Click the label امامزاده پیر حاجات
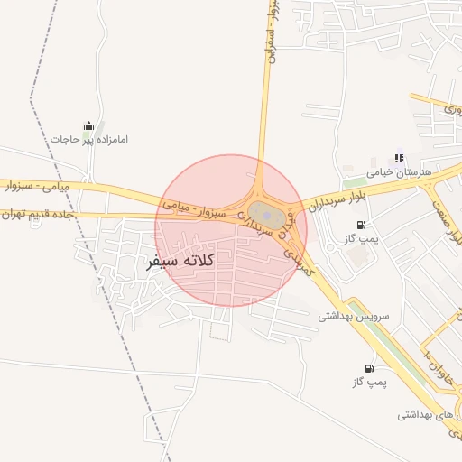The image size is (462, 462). point(89,140)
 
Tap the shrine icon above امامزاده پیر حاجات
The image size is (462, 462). point(88,125)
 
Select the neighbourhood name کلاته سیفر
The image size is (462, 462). point(180,261)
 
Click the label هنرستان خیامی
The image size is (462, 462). point(400,171)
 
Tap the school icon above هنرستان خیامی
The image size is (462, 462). point(400,158)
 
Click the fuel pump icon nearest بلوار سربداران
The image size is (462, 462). point(362,225)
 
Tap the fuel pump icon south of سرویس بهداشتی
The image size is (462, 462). point(369,368)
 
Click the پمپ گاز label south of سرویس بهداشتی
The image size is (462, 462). point(367,383)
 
